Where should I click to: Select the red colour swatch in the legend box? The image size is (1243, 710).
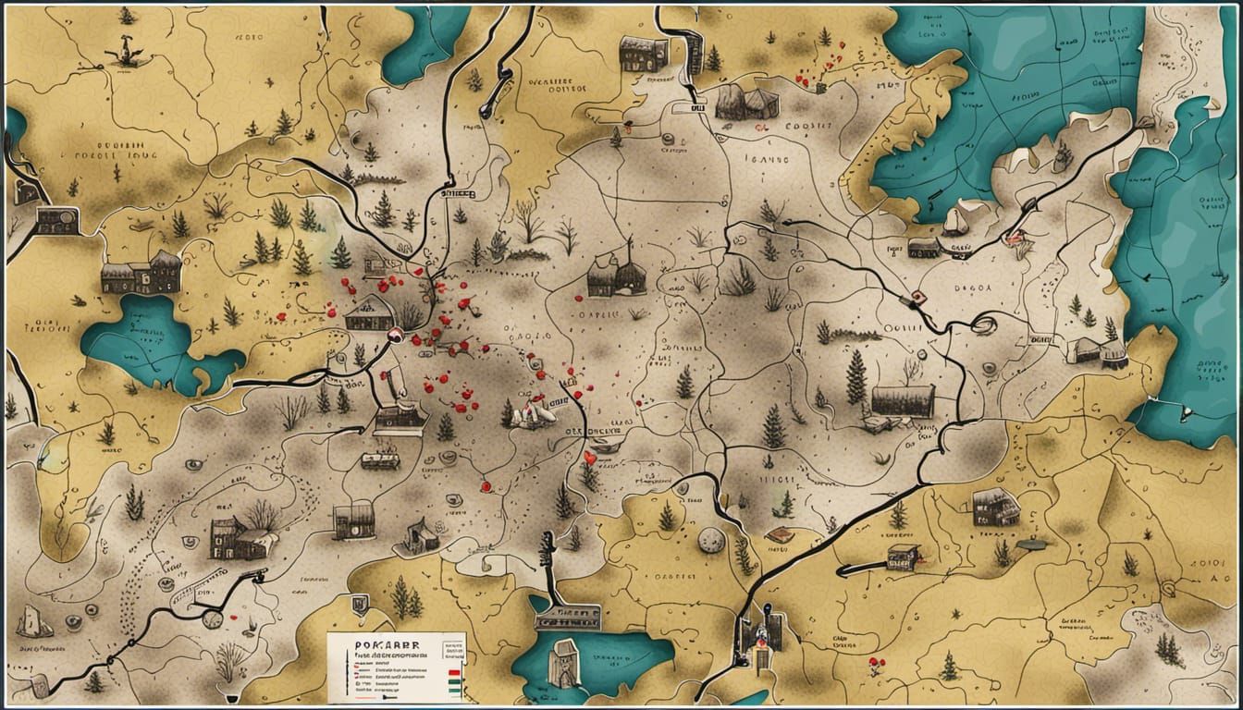pyautogui.click(x=452, y=674)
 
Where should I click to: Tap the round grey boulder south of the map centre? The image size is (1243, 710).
pyautogui.click(x=710, y=540)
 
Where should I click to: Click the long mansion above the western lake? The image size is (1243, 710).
pyautogui.click(x=141, y=274)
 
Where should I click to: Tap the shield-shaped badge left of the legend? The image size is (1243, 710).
pyautogui.click(x=359, y=605)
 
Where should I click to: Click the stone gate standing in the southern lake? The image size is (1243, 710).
pyautogui.click(x=562, y=664)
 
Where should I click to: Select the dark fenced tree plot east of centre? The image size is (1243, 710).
pyautogui.click(x=902, y=400)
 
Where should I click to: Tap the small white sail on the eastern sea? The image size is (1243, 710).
pyautogui.click(x=955, y=221)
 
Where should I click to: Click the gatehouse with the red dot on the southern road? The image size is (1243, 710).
pyautogui.click(x=761, y=633)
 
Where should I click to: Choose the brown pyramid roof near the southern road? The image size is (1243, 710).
pyautogui.click(x=779, y=533)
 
